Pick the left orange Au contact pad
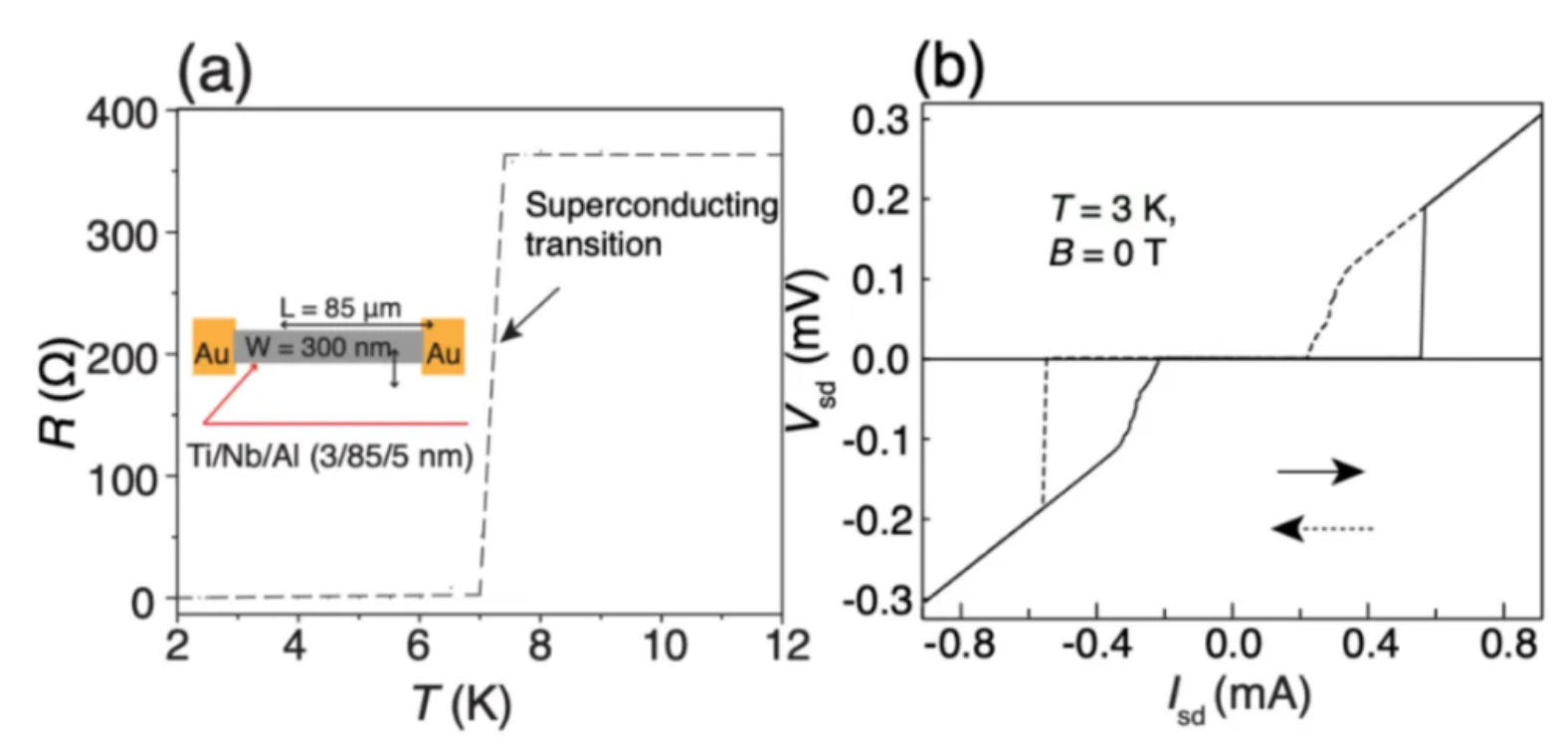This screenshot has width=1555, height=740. click(214, 346)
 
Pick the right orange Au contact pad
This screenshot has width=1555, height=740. click(443, 346)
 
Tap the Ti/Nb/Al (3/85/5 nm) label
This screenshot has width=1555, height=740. click(328, 459)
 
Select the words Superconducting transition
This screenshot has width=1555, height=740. click(650, 225)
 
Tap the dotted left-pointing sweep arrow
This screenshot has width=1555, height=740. click(1323, 529)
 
